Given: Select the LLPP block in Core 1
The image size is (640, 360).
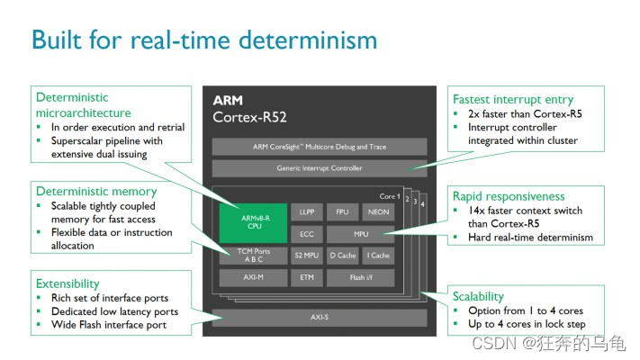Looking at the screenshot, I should (x=307, y=212).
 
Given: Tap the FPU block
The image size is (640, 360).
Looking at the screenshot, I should (x=343, y=212).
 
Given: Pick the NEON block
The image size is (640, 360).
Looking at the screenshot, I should (x=377, y=212).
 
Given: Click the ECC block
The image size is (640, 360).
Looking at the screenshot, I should (x=307, y=234).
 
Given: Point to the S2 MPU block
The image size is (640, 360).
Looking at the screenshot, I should (x=307, y=256).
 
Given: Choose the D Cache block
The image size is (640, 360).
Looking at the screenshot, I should (x=343, y=256).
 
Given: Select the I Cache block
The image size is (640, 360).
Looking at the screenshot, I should (x=377, y=256).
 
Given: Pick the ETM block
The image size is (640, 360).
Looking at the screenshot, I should (x=307, y=278).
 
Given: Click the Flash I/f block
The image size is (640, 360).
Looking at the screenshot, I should (x=360, y=278).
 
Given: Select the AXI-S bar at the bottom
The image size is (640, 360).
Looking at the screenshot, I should (x=320, y=318).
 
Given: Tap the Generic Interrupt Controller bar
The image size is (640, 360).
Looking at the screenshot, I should (x=320, y=167).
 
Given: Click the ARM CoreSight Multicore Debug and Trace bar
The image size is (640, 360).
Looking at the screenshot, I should (x=320, y=147).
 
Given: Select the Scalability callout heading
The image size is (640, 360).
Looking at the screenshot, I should (x=479, y=296).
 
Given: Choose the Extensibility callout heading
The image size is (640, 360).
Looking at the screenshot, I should (x=70, y=282).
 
